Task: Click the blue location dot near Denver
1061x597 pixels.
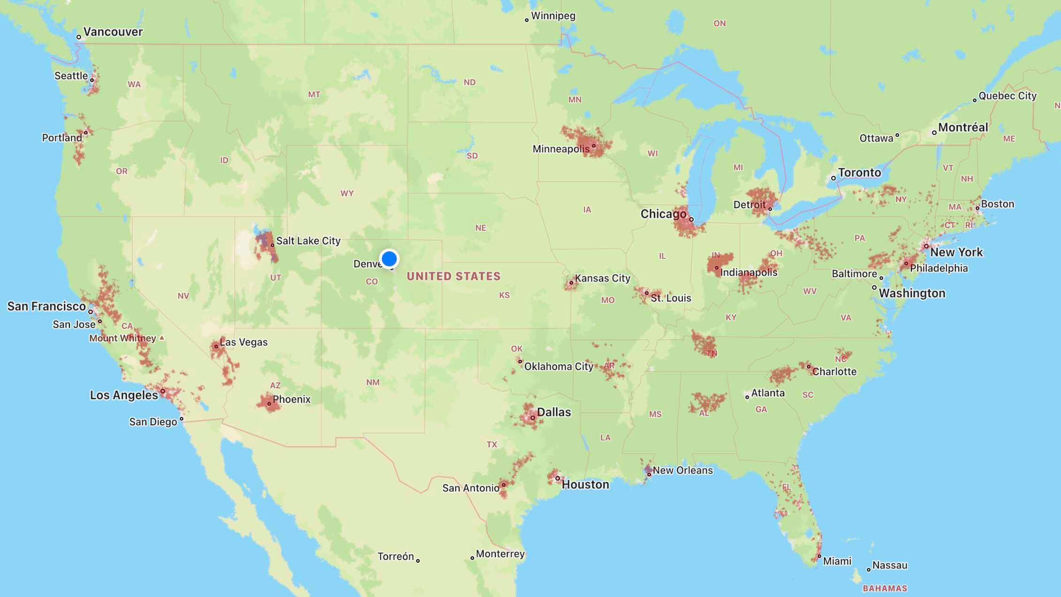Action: tap(389, 258)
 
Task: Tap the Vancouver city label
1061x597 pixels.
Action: tap(113, 32)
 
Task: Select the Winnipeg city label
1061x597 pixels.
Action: tap(553, 16)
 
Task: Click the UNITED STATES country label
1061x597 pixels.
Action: tap(454, 276)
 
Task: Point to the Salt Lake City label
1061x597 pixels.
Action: tap(308, 241)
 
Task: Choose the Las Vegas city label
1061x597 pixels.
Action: tap(243, 342)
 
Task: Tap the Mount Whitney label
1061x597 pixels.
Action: tap(122, 338)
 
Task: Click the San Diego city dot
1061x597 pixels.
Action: tap(182, 419)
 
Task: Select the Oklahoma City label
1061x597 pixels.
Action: tap(559, 366)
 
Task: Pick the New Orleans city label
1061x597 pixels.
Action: tap(682, 470)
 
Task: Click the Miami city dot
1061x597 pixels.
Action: tap(819, 556)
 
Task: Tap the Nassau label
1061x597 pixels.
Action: tap(890, 566)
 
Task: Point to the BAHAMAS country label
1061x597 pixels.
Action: tap(885, 588)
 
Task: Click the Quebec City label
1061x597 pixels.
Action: tap(1008, 96)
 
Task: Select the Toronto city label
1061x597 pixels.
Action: tap(859, 173)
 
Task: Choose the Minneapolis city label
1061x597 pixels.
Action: tap(561, 149)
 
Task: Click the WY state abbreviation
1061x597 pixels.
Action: tap(347, 193)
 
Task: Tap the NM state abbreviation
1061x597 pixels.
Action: tap(373, 382)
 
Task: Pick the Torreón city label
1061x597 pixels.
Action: tap(395, 557)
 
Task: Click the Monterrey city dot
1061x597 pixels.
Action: tap(472, 558)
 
